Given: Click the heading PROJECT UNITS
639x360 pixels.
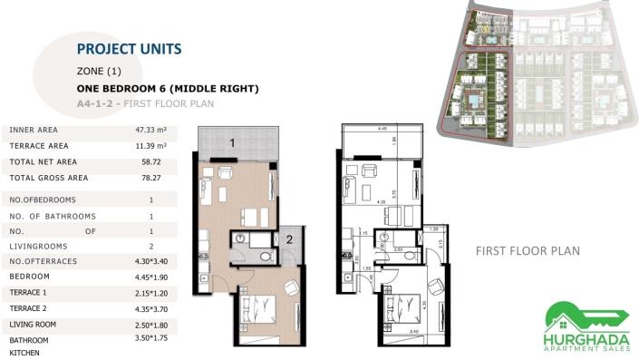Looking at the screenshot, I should click(x=130, y=48).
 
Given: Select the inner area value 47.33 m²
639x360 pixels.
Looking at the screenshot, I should click(x=150, y=131).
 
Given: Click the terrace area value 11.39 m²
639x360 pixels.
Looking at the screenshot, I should click(x=150, y=145).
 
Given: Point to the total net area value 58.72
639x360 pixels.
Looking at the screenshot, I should click(x=150, y=161).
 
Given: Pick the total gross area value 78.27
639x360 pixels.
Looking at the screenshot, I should click(x=150, y=178).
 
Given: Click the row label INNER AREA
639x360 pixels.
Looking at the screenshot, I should click(x=34, y=131).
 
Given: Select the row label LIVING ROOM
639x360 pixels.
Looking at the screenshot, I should click(x=35, y=324).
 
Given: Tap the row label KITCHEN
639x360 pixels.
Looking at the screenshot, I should click(x=25, y=353).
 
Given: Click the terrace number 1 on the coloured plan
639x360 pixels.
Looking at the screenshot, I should click(x=232, y=142).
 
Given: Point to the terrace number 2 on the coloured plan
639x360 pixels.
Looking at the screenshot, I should click(x=287, y=239).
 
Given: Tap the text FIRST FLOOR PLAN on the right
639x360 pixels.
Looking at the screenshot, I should click(x=528, y=250).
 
